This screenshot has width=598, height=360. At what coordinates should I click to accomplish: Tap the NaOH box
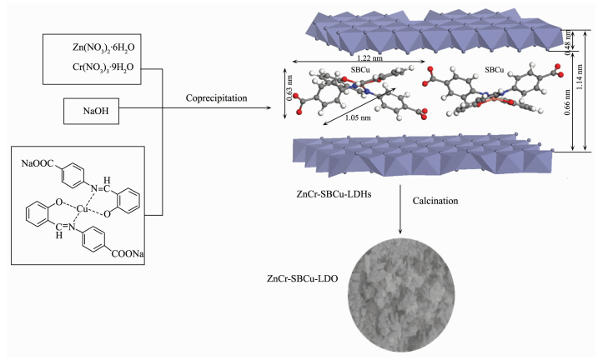click(x=97, y=109)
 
